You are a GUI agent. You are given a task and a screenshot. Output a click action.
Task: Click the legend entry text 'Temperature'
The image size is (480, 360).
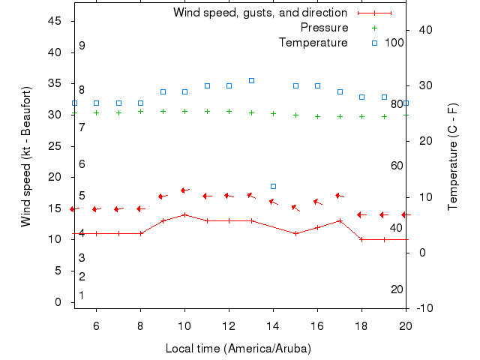313,43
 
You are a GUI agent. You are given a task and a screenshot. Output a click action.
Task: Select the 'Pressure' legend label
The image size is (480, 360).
324,28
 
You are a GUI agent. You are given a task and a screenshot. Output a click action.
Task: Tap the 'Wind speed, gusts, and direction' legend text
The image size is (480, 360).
259,13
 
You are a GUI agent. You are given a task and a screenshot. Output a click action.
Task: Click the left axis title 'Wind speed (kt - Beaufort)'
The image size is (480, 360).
26,157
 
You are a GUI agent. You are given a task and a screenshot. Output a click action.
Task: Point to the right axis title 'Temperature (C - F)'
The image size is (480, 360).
453,157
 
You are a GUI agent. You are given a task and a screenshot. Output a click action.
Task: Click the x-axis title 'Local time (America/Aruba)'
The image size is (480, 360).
238,349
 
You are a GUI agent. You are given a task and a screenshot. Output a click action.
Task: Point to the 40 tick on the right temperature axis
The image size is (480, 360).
421,30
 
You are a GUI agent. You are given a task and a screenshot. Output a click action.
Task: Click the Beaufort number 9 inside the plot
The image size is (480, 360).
82,46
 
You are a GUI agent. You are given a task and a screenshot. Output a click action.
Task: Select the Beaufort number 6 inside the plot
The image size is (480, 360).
82,164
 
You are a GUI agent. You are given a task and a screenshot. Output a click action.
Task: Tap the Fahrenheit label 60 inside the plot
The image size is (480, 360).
397,166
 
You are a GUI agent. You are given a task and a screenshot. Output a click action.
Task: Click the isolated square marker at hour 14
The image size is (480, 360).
273,186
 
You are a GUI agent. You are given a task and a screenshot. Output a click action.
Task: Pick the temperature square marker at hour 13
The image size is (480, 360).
251,80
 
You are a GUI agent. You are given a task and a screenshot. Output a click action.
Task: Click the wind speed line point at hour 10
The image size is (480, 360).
184,214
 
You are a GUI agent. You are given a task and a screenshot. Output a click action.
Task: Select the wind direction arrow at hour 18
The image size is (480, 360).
361,214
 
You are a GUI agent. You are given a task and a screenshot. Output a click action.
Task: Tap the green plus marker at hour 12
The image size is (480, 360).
229,112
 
